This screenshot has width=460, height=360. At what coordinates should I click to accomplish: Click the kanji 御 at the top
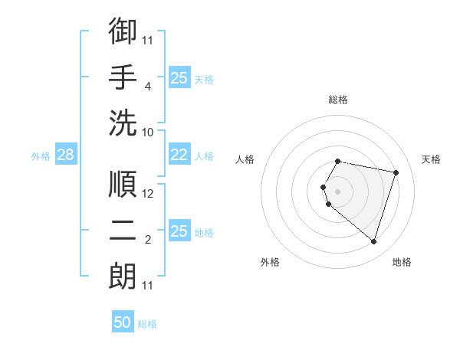pos(123,31)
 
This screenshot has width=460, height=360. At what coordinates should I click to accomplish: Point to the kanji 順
pos(123,185)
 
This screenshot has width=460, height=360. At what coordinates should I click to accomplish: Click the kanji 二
pos(123,229)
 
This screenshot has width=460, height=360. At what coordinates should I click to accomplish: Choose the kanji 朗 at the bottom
pos(123,274)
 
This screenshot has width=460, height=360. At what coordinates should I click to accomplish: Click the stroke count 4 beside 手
pos(147,86)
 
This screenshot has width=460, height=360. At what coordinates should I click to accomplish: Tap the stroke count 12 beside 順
pos(148,195)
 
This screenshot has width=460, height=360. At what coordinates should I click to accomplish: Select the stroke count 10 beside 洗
pos(148,131)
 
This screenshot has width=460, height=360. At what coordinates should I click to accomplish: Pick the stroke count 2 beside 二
pos(147,240)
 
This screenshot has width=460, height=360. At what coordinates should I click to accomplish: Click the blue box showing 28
pos(65,155)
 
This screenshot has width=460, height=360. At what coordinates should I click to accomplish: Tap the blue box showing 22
pos(179,155)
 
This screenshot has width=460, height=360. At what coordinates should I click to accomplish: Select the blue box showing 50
pos(122,323)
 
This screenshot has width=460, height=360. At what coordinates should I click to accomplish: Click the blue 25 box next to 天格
pos(179,77)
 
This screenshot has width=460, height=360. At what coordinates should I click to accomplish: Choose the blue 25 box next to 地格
pos(179,231)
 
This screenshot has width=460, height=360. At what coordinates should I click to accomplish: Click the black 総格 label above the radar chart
pos(337,100)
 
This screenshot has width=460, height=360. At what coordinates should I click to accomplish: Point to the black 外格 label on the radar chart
pos(270,262)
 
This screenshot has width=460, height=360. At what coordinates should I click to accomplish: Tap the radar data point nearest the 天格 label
pos(396,172)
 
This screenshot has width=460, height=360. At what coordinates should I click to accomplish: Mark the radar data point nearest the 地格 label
pos(373,241)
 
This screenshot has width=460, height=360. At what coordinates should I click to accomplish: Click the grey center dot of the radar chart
pos(337,191)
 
